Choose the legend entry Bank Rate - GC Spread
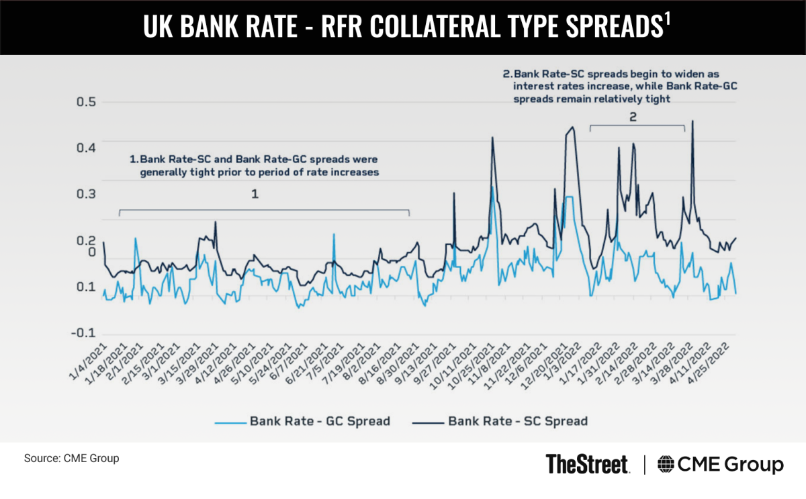302,422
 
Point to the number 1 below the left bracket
255,194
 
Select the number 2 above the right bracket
633,116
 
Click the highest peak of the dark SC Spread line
692,122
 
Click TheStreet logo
588,464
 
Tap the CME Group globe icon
666,465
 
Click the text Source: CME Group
71,459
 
